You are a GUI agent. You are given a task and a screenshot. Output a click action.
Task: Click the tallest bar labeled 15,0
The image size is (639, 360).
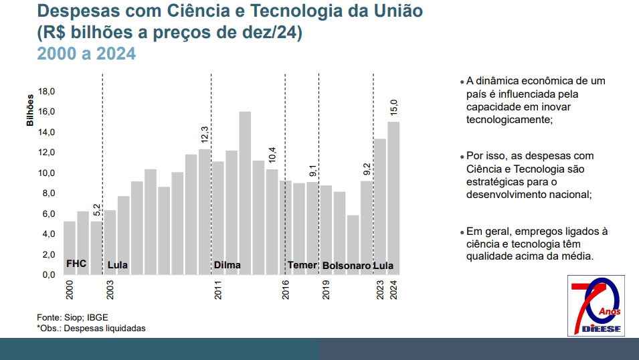pyautogui.click(x=393, y=197)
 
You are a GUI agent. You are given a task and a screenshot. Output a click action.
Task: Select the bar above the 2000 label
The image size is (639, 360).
pyautogui.click(x=70, y=248)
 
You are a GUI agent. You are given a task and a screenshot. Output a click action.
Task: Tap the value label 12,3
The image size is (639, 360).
pyautogui.click(x=205, y=134)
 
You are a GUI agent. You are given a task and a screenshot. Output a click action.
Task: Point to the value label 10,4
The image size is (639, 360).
pyautogui.click(x=272, y=155)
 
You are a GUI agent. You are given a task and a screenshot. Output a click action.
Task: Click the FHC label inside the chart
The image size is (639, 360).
pyautogui.click(x=76, y=264)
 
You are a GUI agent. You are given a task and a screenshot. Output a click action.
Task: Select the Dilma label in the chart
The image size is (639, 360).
pyautogui.click(x=227, y=266)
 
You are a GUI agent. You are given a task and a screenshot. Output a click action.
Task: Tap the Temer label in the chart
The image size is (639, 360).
pyautogui.click(x=302, y=266)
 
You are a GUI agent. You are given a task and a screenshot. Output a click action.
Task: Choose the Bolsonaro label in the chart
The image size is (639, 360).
pyautogui.click(x=347, y=266)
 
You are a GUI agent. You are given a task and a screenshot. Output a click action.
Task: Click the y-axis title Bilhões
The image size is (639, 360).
pyautogui.click(x=30, y=110)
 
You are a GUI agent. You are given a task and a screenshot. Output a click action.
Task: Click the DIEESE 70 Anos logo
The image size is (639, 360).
pyautogui.click(x=596, y=306)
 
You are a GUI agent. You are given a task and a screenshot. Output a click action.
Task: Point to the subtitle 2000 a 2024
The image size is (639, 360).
pyautogui.click(x=86, y=54)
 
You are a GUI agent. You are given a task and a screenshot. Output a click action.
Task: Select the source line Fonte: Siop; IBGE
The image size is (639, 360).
pyautogui.click(x=72, y=317)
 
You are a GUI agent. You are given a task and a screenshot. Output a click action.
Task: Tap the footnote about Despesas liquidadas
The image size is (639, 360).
pyautogui.click(x=91, y=329)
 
